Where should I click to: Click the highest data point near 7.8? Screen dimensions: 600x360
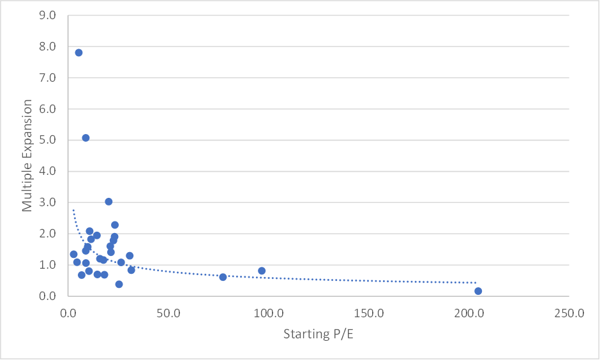pyautogui.click(x=79, y=52)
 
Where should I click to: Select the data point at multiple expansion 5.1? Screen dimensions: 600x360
pyautogui.click(x=86, y=138)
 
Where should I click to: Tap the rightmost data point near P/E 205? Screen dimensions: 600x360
pyautogui.click(x=478, y=291)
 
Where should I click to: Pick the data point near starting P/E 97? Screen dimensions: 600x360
pyautogui.click(x=262, y=271)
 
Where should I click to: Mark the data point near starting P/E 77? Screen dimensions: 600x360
pyautogui.click(x=223, y=277)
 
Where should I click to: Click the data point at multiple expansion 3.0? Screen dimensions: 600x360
pyautogui.click(x=109, y=202)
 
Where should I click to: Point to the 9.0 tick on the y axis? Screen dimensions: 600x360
pyautogui.click(x=47, y=15)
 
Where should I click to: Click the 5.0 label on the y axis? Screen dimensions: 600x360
pyautogui.click(x=47, y=140)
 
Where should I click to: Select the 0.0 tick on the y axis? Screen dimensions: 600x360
pyautogui.click(x=47, y=296)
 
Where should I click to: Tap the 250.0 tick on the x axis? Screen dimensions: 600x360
pyautogui.click(x=569, y=313)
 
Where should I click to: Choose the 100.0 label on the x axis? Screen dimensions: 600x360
pyautogui.click(x=269, y=313)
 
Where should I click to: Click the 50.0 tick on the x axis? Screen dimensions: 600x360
pyautogui.click(x=169, y=313)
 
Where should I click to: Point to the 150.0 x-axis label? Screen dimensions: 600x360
pyautogui.click(x=369, y=313)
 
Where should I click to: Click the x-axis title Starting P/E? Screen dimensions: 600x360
pyautogui.click(x=319, y=334)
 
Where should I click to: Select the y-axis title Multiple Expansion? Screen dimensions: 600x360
pyautogui.click(x=27, y=155)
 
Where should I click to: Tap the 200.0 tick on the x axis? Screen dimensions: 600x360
pyautogui.click(x=469, y=313)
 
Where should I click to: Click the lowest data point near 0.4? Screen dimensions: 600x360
pyautogui.click(x=119, y=284)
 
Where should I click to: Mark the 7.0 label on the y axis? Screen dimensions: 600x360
pyautogui.click(x=47, y=78)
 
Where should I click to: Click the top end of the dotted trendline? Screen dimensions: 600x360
pyautogui.click(x=73, y=209)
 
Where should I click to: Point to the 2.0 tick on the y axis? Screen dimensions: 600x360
pyautogui.click(x=47, y=234)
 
